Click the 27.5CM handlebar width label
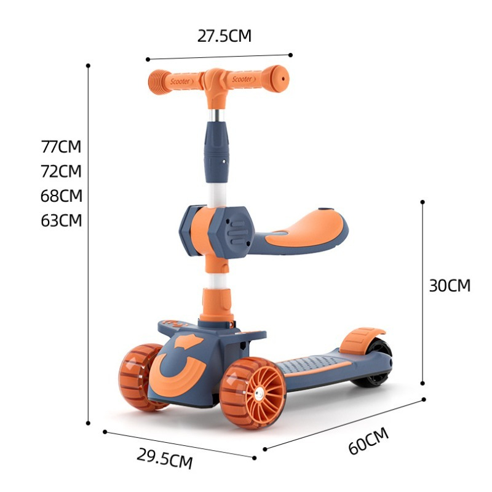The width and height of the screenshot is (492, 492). point(224,36)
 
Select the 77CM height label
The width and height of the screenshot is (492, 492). point(61,147)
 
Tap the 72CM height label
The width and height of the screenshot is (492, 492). point(61,171)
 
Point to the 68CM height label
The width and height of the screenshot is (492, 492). point(61,196)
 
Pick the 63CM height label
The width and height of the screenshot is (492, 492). point(61,220)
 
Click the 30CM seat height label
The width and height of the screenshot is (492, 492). point(450,285)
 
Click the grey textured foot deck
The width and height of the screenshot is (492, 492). point(314,363)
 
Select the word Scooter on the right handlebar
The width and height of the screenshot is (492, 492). point(242,79)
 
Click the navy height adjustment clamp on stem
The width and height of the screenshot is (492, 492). point(216,148)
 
